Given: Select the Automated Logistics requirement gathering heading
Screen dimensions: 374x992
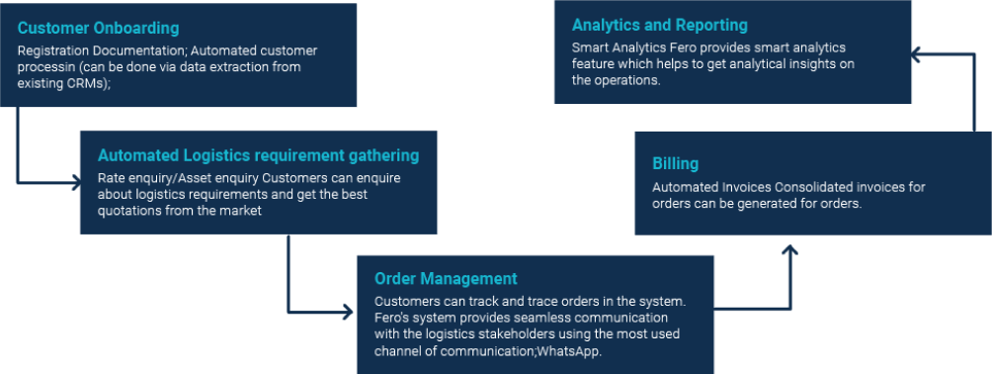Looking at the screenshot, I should (x=258, y=155).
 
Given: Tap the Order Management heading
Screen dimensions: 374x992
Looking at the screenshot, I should (x=446, y=279).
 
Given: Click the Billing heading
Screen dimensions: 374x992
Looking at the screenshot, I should (x=676, y=163).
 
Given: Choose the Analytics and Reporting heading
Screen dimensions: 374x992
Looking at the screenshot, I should (x=660, y=25).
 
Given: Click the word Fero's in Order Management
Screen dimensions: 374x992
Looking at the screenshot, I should (x=393, y=317).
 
